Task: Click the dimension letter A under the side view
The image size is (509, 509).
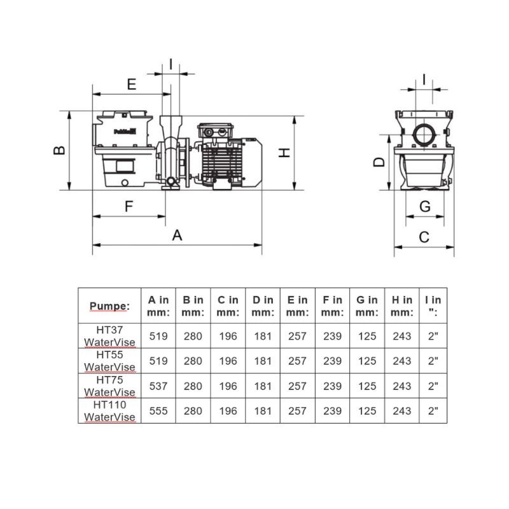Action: pyautogui.click(x=177, y=235)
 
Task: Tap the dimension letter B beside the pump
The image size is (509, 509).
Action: pyautogui.click(x=59, y=150)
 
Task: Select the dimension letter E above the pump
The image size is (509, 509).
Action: pyautogui.click(x=132, y=84)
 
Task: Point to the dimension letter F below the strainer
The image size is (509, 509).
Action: pyautogui.click(x=129, y=206)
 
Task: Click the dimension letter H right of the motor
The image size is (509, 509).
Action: pyautogui.click(x=284, y=153)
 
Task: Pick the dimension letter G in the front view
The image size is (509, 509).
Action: pyautogui.click(x=425, y=206)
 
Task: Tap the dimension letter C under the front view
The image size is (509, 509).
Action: pyautogui.click(x=424, y=237)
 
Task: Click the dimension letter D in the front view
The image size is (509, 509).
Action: pyautogui.click(x=379, y=162)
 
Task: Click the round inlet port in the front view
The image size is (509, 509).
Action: pyautogui.click(x=424, y=135)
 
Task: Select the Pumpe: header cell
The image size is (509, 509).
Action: pyautogui.click(x=109, y=306)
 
